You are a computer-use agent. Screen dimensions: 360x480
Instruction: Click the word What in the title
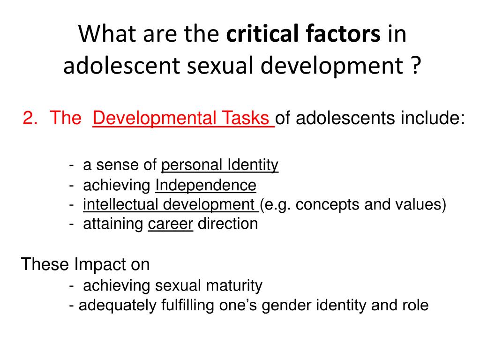pyautogui.click(x=105, y=35)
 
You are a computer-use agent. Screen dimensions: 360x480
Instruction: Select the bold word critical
pyautogui.click(x=255, y=35)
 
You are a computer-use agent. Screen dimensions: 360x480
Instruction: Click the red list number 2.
pyautogui.click(x=30, y=118)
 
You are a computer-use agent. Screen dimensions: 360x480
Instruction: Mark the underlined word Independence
pyautogui.click(x=205, y=185)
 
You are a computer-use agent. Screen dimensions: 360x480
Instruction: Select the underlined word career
pyautogui.click(x=170, y=224)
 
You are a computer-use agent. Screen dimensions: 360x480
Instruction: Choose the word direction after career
pyautogui.click(x=227, y=224)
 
